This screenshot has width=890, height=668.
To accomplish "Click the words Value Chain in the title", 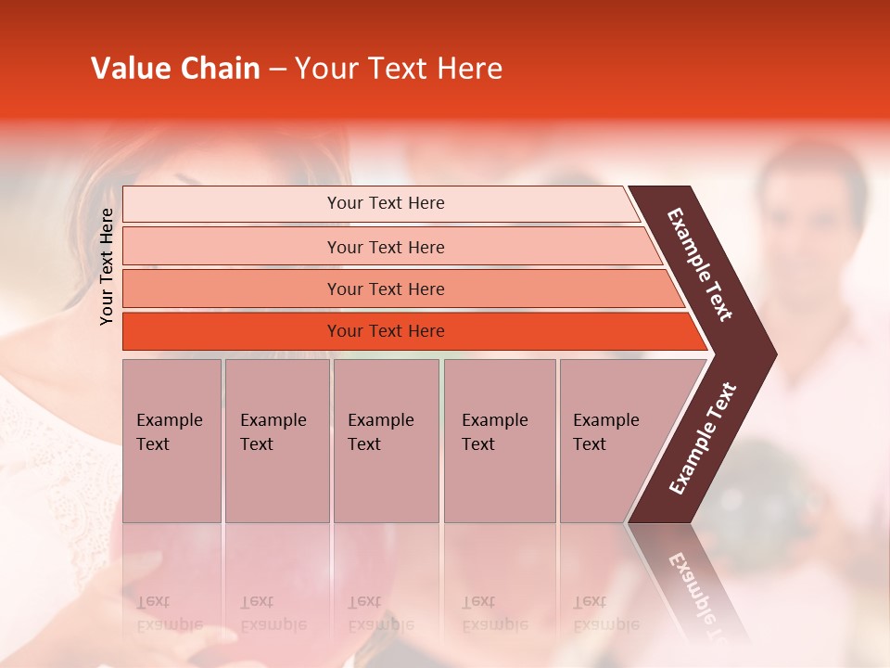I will pos(175,69).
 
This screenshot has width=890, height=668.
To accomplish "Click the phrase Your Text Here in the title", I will pos(399,69).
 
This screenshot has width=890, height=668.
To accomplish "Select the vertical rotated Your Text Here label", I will pos(107,266).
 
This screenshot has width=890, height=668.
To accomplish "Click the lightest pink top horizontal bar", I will pos(232,204).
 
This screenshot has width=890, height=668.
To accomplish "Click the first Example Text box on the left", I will pos(172,441).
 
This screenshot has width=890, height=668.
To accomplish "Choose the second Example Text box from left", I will pos(276,441).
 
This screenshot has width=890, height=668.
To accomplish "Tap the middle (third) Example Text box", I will pos(386,441).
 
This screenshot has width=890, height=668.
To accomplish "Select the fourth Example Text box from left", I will pos(499,441).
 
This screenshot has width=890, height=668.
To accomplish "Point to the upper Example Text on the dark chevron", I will pos(700,264).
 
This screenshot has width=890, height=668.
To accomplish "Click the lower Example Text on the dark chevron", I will pos(702,439).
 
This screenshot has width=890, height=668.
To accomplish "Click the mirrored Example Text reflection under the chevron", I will pos(695,594).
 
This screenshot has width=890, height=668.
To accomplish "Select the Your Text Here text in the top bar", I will pos(386,203).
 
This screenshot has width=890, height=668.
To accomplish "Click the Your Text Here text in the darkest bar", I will pos(386,331).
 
